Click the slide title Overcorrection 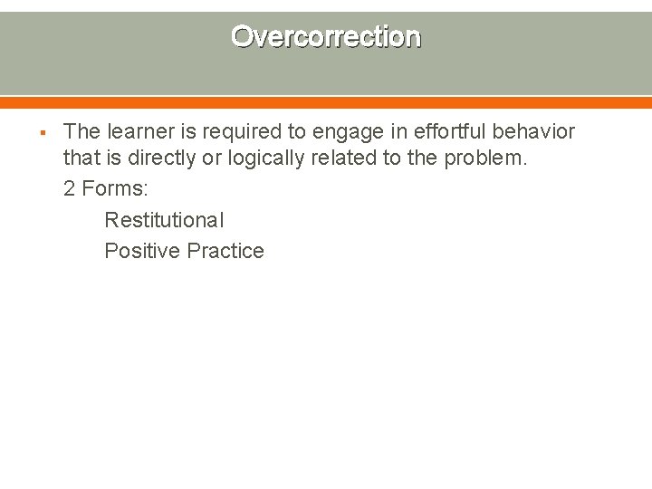coord(326,37)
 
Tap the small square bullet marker coord(43,133)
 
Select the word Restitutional coord(164,220)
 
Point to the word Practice coord(225,251)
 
